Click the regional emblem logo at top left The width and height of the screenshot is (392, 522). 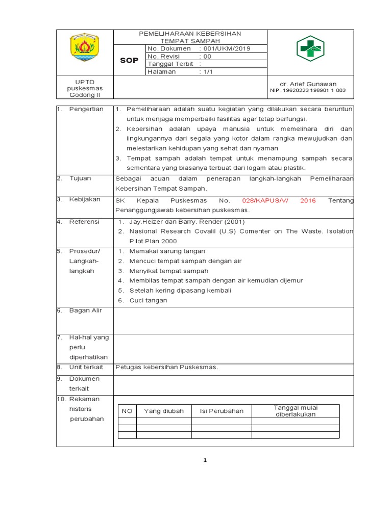(85, 47)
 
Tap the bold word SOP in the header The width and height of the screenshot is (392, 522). (129, 61)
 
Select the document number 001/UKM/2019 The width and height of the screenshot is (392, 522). (227, 48)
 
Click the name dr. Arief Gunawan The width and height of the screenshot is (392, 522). (308, 84)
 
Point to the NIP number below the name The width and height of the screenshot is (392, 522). (308, 91)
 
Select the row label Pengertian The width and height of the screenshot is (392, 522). (86, 109)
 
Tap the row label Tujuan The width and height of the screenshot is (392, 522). (80, 178)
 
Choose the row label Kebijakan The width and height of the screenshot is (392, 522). (85, 199)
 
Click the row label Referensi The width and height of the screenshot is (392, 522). (85, 222)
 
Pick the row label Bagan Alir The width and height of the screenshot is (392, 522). (86, 310)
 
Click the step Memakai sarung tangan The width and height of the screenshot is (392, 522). (167, 251)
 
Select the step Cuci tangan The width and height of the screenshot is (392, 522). (149, 300)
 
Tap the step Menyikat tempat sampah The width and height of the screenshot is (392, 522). (169, 271)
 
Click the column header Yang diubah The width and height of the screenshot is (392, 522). (164, 411)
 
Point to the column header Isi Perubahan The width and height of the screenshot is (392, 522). (222, 411)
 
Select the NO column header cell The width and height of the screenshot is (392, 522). (127, 411)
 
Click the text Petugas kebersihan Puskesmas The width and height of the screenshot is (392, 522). (167, 367)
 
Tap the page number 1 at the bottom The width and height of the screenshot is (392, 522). (205, 461)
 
